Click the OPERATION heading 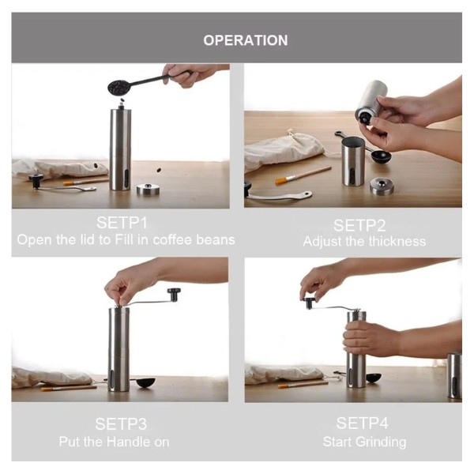click(246, 40)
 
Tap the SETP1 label click(122, 223)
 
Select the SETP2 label click(359, 225)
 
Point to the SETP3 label click(121, 423)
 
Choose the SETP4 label click(363, 423)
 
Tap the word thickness click(397, 241)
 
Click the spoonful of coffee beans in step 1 click(118, 87)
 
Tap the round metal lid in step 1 click(149, 189)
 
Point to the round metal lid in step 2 click(382, 186)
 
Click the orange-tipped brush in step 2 click(303, 175)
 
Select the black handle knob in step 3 click(175, 294)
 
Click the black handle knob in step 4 click(309, 303)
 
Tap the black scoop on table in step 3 click(145, 382)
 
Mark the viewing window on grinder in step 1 click(127, 178)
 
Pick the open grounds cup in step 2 click(353, 160)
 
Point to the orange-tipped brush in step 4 click(303, 384)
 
